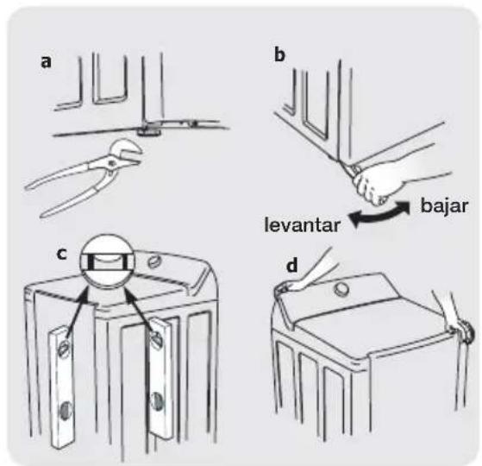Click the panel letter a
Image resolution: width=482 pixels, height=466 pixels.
(46, 62)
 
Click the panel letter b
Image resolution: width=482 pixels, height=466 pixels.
(279, 55)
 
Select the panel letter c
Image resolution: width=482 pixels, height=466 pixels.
(62, 254)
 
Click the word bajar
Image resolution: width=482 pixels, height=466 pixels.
(444, 206)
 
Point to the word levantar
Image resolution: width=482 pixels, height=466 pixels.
(303, 225)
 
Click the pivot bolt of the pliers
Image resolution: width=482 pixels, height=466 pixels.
(111, 163)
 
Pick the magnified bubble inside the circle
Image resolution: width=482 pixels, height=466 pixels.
(107, 261)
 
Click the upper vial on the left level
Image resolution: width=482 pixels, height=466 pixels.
(64, 349)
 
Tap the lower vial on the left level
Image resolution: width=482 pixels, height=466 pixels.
(66, 411)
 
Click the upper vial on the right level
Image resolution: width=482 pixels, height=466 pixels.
(155, 337)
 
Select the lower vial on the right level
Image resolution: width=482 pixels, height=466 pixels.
(157, 400)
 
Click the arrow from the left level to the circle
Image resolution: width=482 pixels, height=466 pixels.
(77, 312)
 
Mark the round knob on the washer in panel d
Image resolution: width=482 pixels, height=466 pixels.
(341, 289)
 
